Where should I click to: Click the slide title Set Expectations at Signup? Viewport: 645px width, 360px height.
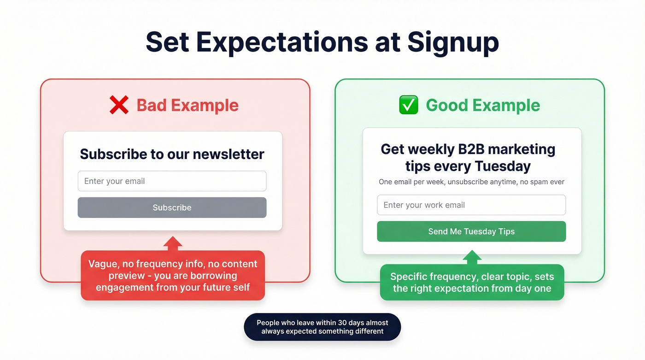322,42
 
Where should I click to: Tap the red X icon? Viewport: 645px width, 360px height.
119,105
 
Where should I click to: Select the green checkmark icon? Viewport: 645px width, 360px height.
408,105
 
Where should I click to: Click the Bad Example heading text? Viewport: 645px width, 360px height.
188,105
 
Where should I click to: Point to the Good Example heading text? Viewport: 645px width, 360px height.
482,105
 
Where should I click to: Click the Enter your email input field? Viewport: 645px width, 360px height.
172,181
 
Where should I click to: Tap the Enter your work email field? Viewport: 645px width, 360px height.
471,205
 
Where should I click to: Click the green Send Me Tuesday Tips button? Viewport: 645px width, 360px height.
471,231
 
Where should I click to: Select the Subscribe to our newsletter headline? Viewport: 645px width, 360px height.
172,154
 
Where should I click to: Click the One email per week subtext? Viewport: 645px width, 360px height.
471,182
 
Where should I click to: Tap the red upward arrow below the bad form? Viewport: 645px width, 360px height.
172,244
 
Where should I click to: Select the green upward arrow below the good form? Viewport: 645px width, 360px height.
472,257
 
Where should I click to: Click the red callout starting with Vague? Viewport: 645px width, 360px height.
173,276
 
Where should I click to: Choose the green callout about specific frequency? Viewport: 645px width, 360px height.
472,283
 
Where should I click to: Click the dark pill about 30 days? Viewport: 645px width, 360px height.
322,327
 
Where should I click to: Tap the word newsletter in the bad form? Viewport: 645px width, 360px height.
228,154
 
